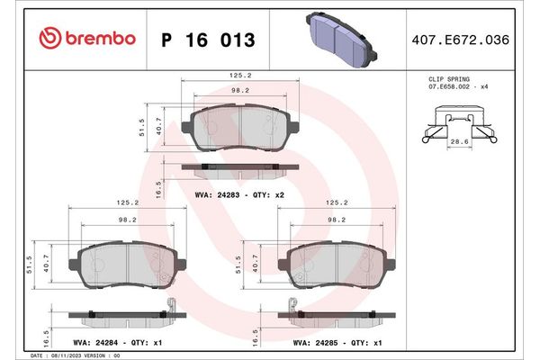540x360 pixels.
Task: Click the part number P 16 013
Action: (x=207, y=40)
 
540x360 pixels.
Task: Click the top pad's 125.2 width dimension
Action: (x=238, y=76)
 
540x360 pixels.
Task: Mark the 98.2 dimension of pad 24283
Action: (x=238, y=91)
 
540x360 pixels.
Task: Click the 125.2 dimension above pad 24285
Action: (x=337, y=202)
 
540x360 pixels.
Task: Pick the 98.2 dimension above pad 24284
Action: (x=128, y=219)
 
